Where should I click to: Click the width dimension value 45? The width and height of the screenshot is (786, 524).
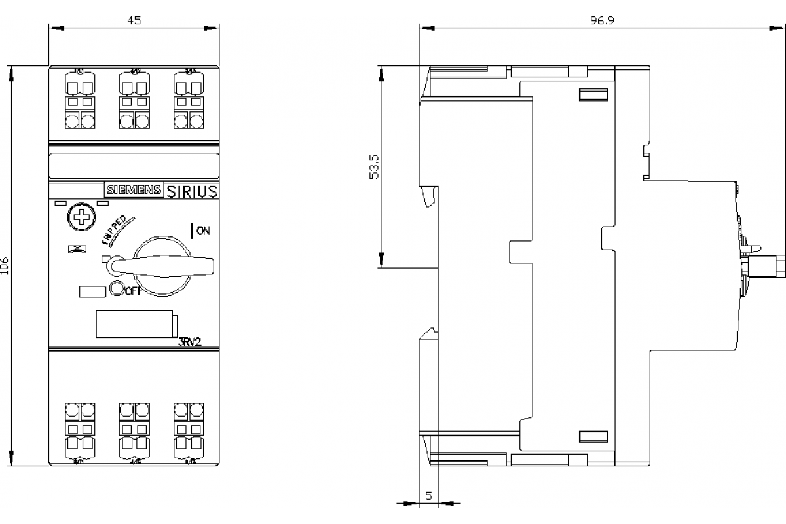tap(134, 20)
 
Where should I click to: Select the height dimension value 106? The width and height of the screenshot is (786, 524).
tap(5, 265)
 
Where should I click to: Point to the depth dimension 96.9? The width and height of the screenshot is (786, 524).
tap(601, 20)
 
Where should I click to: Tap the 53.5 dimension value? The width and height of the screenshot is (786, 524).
tap(374, 166)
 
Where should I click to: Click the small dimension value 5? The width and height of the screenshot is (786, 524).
tap(428, 496)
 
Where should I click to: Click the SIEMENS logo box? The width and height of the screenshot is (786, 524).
tap(133, 190)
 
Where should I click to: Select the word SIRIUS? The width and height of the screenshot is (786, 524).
tap(191, 191)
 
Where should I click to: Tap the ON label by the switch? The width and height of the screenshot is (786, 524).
tap(203, 231)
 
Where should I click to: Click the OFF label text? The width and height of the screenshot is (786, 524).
tap(133, 291)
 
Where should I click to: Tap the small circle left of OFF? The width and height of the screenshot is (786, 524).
tap(117, 288)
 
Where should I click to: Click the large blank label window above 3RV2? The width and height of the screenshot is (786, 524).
tap(134, 324)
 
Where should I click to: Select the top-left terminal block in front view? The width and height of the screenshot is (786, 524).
tap(80, 102)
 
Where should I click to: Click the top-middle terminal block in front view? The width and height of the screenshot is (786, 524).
tap(134, 102)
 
